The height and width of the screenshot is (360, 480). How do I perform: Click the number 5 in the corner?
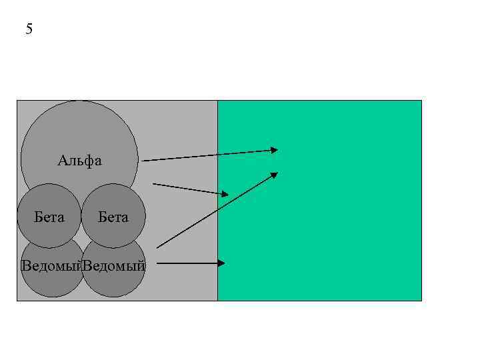[x=29, y=29]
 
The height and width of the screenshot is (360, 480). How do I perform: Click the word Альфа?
[x=79, y=161]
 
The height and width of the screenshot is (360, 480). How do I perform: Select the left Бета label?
[x=49, y=217]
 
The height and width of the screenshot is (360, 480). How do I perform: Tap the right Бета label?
[x=113, y=217]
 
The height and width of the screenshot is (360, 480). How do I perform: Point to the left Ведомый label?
[x=51, y=266]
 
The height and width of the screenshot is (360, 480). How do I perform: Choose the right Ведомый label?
[x=114, y=266]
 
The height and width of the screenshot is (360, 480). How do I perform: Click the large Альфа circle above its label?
[x=79, y=127]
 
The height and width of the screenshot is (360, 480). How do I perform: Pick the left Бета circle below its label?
[x=49, y=235]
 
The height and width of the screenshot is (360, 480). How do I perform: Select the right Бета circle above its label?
[x=113, y=198]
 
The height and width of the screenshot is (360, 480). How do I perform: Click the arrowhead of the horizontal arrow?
[x=222, y=263]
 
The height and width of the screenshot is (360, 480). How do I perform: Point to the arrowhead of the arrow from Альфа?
[x=274, y=150]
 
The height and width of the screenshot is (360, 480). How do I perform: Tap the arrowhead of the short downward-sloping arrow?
[x=225, y=194]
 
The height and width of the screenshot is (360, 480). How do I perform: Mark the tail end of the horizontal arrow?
[x=158, y=263]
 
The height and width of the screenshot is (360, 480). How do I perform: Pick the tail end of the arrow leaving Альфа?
[x=143, y=160]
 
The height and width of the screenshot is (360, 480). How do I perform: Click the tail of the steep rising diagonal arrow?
[x=157, y=247]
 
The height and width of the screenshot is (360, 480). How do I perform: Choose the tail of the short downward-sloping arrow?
[x=154, y=183]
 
